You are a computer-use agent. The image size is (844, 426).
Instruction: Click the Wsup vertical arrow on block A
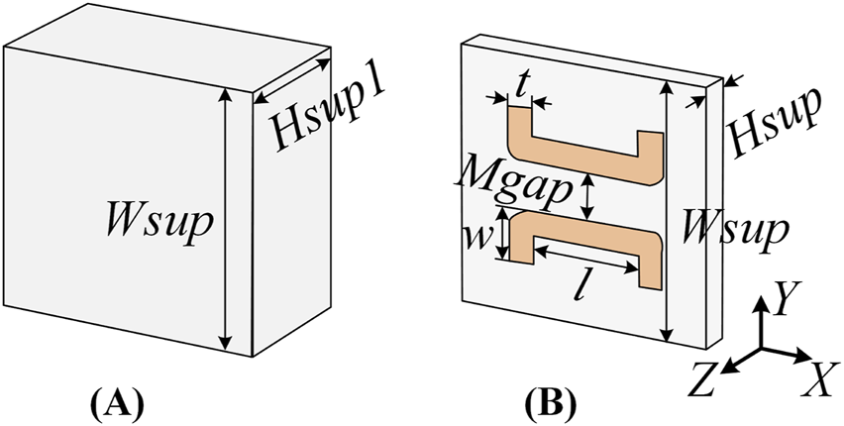(x=227, y=219)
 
